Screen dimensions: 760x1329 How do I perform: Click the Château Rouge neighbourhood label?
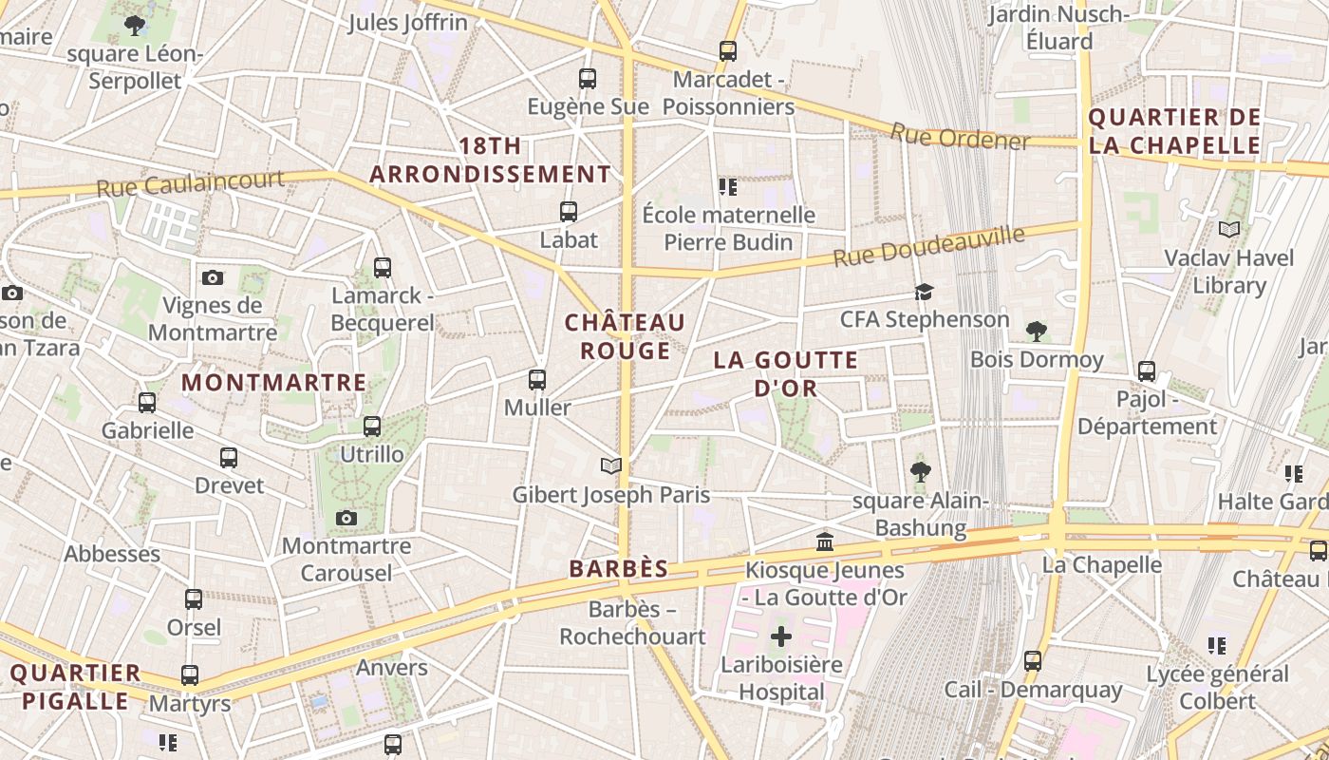(625, 337)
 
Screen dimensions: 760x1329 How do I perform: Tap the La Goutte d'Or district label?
(786, 374)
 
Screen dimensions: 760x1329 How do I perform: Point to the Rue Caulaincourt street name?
(190, 183)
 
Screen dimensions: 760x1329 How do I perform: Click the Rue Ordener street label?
(960, 137)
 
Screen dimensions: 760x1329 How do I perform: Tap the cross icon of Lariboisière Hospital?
(780, 636)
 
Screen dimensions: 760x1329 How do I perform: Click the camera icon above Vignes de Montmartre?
(213, 278)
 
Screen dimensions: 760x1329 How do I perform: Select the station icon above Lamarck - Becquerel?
(383, 268)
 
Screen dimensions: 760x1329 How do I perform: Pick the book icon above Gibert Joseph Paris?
(611, 465)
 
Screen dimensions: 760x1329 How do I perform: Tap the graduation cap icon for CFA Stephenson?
(924, 292)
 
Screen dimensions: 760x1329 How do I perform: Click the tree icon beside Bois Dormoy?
(1037, 332)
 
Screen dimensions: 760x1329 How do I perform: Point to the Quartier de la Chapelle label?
(1174, 132)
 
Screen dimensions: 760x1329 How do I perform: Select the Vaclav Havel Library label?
(1229, 272)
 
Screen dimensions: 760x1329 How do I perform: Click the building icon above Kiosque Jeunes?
(825, 541)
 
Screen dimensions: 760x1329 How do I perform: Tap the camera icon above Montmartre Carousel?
(346, 518)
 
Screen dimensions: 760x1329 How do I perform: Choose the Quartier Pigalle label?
(75, 688)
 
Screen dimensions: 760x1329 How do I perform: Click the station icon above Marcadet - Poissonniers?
(728, 51)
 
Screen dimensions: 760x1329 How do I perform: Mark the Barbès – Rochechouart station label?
(632, 623)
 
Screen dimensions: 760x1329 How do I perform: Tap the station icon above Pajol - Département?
(1147, 371)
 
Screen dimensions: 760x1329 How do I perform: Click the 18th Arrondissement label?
(490, 161)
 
